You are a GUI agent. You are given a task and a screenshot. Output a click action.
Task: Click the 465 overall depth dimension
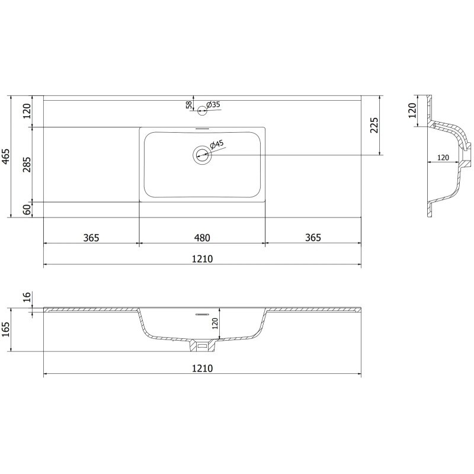click(x=7, y=156)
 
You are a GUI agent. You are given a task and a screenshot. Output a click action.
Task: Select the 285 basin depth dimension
click(x=27, y=165)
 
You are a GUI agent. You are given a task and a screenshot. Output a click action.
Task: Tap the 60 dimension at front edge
click(x=27, y=210)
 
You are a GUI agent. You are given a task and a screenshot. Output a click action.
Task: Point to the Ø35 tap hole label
click(x=213, y=105)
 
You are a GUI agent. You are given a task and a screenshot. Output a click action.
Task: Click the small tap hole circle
click(x=202, y=111)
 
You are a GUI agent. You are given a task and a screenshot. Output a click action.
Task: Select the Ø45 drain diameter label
click(x=216, y=145)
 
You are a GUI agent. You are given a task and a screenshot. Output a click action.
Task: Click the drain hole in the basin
click(x=202, y=155)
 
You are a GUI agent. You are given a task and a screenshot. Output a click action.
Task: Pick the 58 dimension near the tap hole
click(x=189, y=105)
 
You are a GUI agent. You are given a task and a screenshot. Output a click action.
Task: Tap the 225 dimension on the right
click(x=374, y=125)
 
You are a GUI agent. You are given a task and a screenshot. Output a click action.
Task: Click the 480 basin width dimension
click(x=202, y=238)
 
